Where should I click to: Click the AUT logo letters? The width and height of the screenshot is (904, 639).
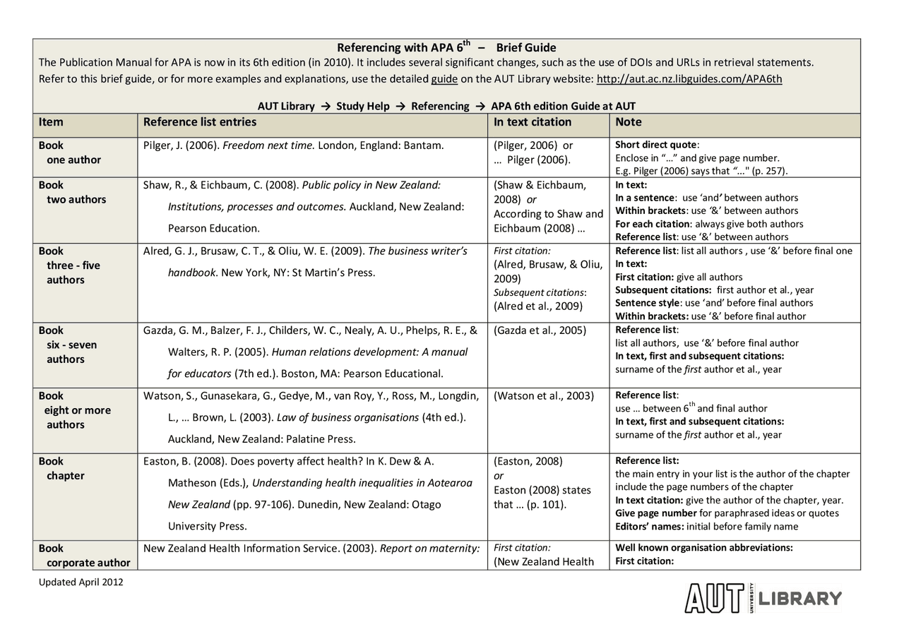pyautogui.click(x=714, y=598)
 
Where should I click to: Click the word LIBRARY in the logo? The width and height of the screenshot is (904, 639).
pyautogui.click(x=800, y=599)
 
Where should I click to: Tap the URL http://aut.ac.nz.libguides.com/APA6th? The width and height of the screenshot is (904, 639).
pyautogui.click(x=689, y=79)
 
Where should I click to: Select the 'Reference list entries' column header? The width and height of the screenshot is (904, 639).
pyautogui.click(x=200, y=122)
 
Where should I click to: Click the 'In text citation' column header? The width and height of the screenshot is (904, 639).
pyautogui.click(x=533, y=122)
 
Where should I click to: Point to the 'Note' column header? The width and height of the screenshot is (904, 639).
pyautogui.click(x=629, y=122)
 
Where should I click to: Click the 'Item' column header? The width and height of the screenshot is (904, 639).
pyautogui.click(x=51, y=122)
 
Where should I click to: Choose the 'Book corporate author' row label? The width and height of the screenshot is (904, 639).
pyautogui.click(x=84, y=556)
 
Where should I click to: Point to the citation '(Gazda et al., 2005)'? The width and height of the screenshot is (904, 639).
pyautogui.click(x=540, y=330)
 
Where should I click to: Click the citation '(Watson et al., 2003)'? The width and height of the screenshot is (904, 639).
pyautogui.click(x=544, y=396)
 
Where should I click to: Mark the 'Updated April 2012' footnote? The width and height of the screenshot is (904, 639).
pyautogui.click(x=81, y=583)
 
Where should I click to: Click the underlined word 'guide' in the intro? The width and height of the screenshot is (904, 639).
pyautogui.click(x=444, y=79)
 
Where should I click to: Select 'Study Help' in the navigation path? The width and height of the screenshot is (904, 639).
pyautogui.click(x=362, y=107)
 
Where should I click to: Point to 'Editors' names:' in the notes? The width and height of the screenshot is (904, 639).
pyautogui.click(x=648, y=526)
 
